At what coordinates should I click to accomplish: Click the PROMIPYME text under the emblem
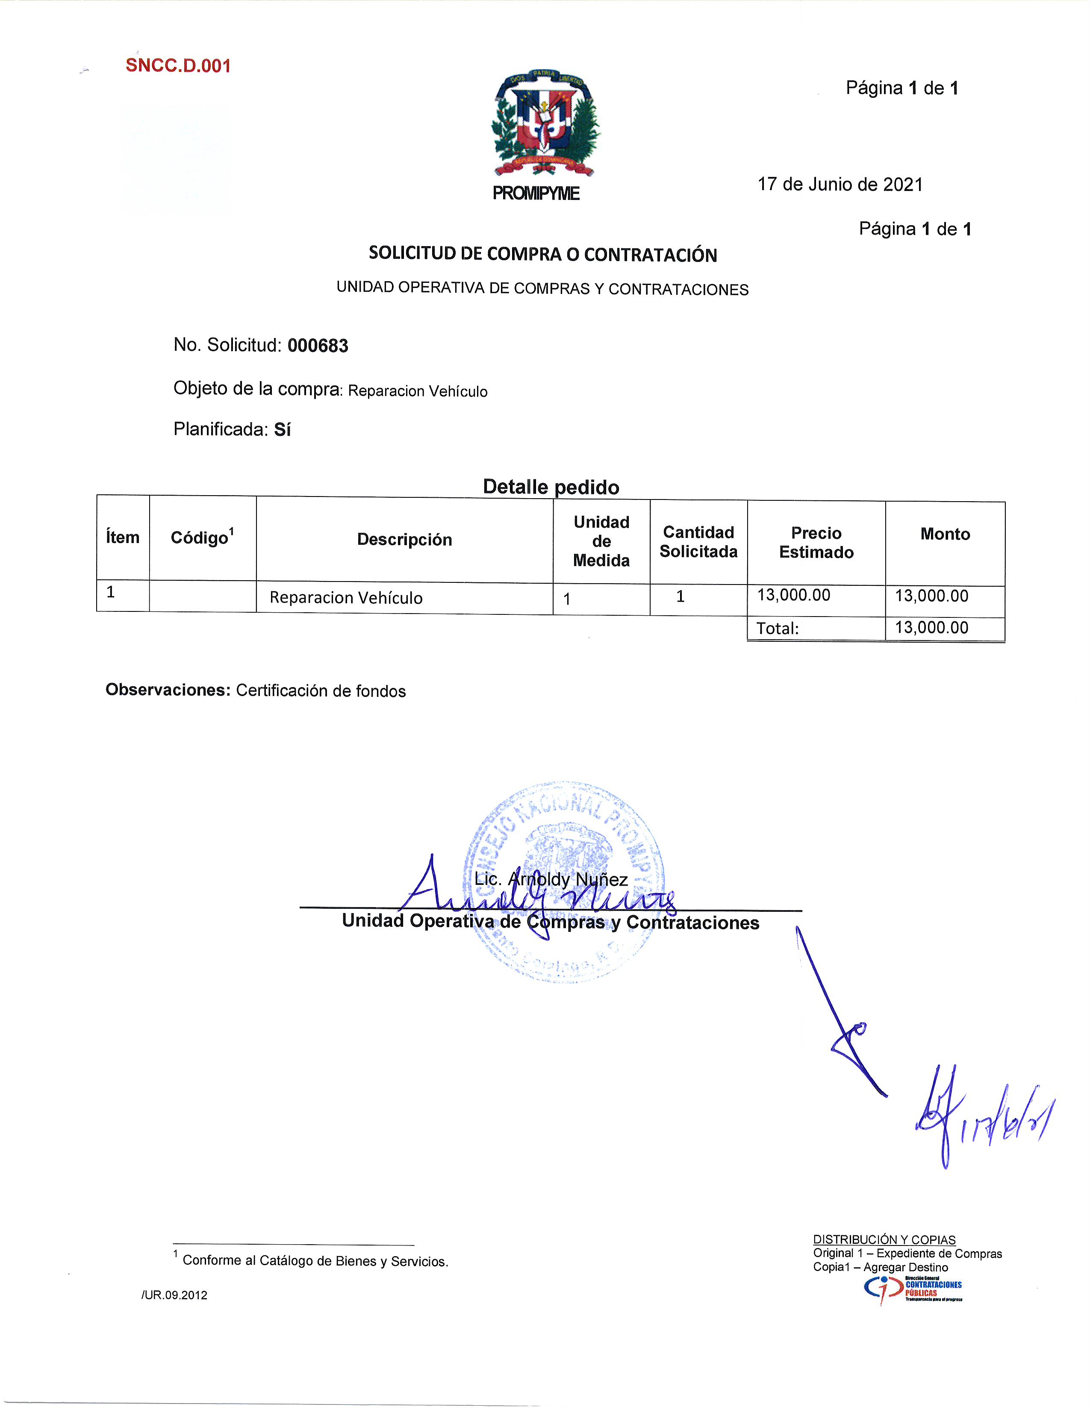[x=536, y=194]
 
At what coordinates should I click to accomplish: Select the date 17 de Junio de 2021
[x=840, y=185]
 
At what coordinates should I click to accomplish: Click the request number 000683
[x=318, y=346]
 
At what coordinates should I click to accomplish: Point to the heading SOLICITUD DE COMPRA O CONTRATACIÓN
[x=542, y=254]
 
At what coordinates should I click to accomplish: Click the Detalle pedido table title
[x=551, y=487]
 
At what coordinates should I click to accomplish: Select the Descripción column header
[x=404, y=540]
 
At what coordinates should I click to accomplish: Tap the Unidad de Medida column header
[x=601, y=541]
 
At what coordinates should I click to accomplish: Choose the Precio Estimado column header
[x=816, y=542]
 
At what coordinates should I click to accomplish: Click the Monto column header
[x=945, y=534]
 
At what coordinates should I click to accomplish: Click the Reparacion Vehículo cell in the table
[x=346, y=598]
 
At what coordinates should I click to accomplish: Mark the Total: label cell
[x=778, y=628]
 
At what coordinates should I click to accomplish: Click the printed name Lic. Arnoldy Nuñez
[x=551, y=879]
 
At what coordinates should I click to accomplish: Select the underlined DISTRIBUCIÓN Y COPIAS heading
[x=884, y=1240]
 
